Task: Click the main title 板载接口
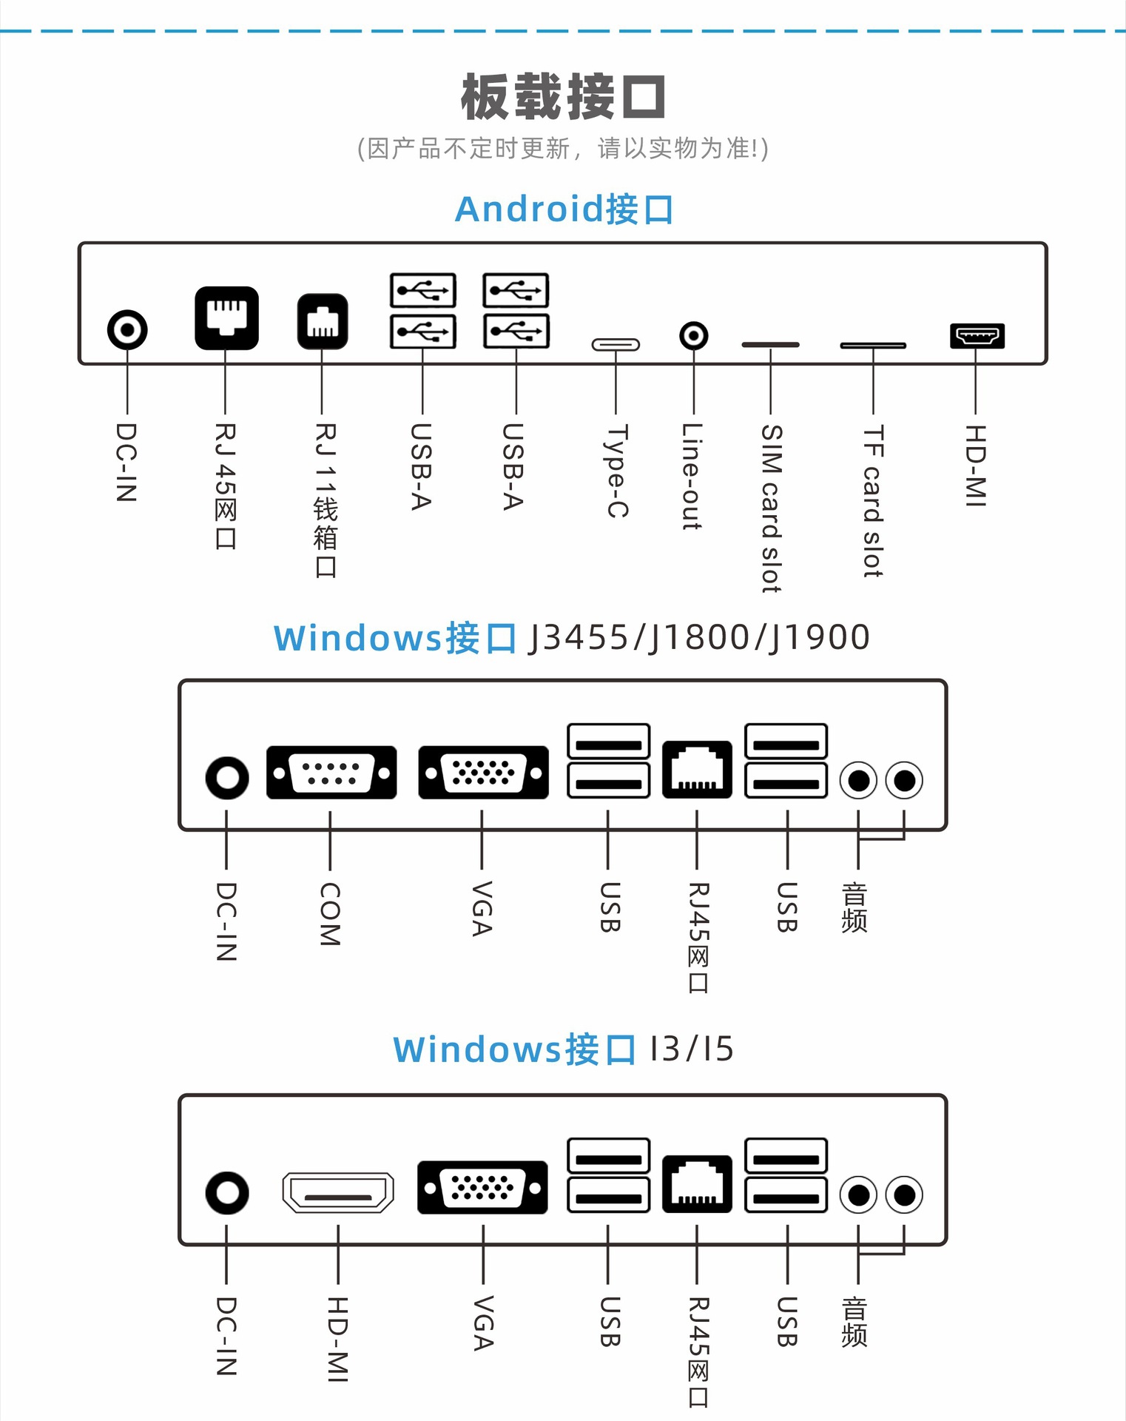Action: coord(563,97)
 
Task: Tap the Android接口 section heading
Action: coord(564,209)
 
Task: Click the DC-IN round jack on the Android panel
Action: coord(127,329)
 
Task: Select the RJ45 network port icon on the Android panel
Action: coord(226,318)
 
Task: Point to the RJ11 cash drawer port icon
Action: coord(323,321)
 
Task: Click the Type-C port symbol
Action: coord(616,345)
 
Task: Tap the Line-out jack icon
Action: coord(693,336)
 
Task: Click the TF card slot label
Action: coord(873,501)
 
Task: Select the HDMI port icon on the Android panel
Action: coord(977,336)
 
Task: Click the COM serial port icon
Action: coord(331,773)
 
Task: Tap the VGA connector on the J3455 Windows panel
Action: coord(483,773)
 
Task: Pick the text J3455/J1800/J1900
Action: coord(699,637)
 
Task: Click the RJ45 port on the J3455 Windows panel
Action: coord(697,770)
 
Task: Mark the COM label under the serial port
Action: coord(330,914)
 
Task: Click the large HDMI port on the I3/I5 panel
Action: coord(338,1192)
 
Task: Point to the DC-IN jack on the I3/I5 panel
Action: coord(227,1192)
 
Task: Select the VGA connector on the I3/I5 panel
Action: coord(482,1187)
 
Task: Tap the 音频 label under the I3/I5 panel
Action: coord(854,1322)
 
